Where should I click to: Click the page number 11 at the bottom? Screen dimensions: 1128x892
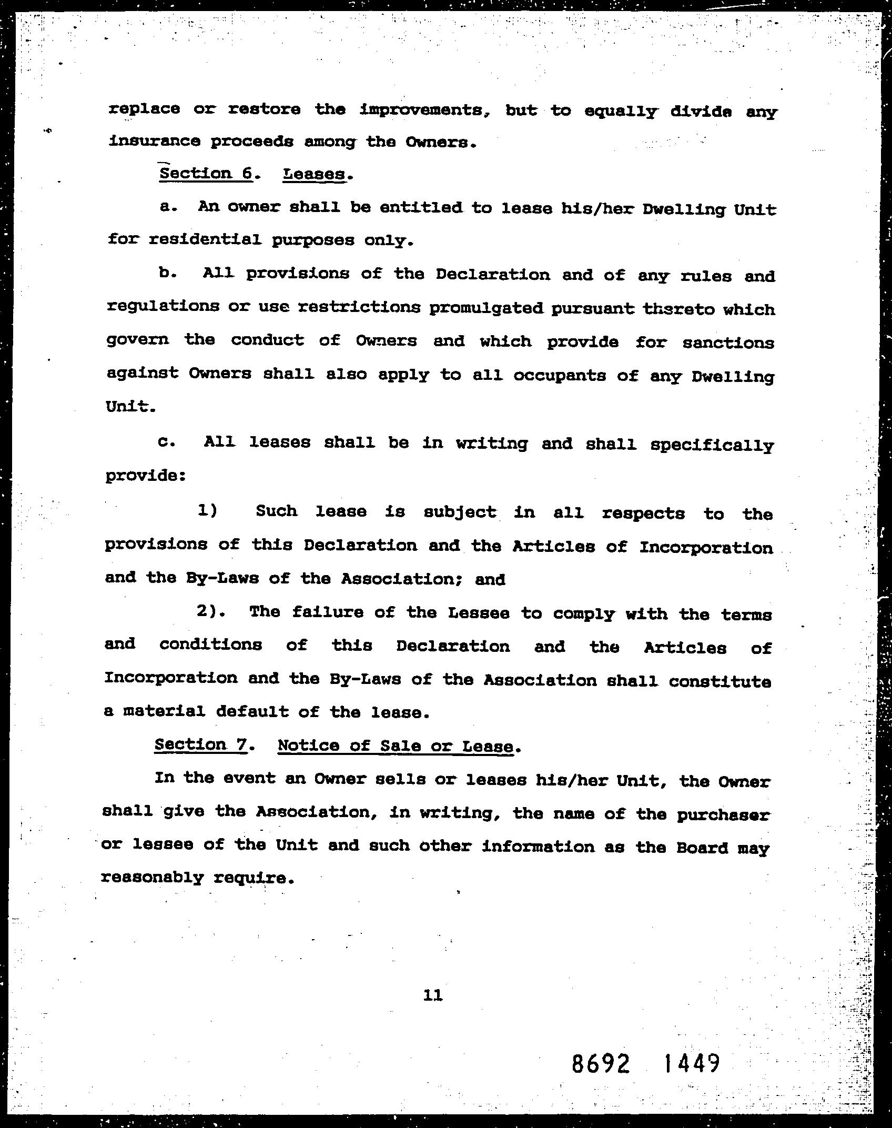432,995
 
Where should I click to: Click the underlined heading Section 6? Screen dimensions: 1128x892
206,174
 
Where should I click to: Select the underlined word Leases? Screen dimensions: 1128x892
315,174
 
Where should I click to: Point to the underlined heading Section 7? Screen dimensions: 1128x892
200,745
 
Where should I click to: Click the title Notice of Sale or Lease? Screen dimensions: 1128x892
395,746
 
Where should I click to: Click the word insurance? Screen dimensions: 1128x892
154,141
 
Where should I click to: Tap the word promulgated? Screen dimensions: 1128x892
485,308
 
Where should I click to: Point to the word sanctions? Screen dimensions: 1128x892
728,343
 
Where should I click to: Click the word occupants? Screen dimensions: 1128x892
559,376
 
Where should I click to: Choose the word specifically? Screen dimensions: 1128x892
712,446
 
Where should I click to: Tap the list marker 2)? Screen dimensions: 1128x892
211,612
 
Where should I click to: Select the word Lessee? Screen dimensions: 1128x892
478,613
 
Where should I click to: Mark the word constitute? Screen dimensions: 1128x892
719,681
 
